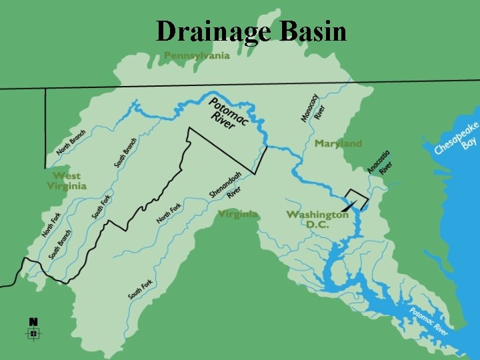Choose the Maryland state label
pos(338,143)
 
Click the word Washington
pos(317,215)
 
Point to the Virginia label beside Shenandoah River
pos(237,214)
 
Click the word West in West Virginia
pos(66,176)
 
